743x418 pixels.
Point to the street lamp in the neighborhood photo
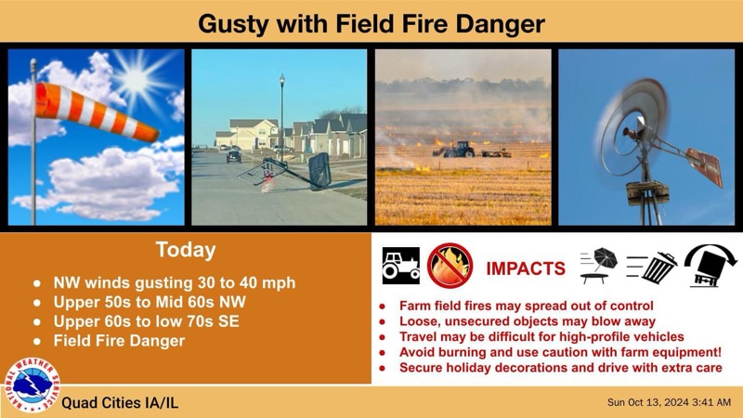point(281,111)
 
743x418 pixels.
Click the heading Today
point(186,250)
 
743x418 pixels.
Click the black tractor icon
point(401,266)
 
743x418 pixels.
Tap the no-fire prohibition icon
point(450,266)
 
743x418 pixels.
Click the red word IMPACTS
point(526,269)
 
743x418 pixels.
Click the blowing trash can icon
point(652,267)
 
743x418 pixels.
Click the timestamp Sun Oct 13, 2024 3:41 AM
point(668,402)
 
